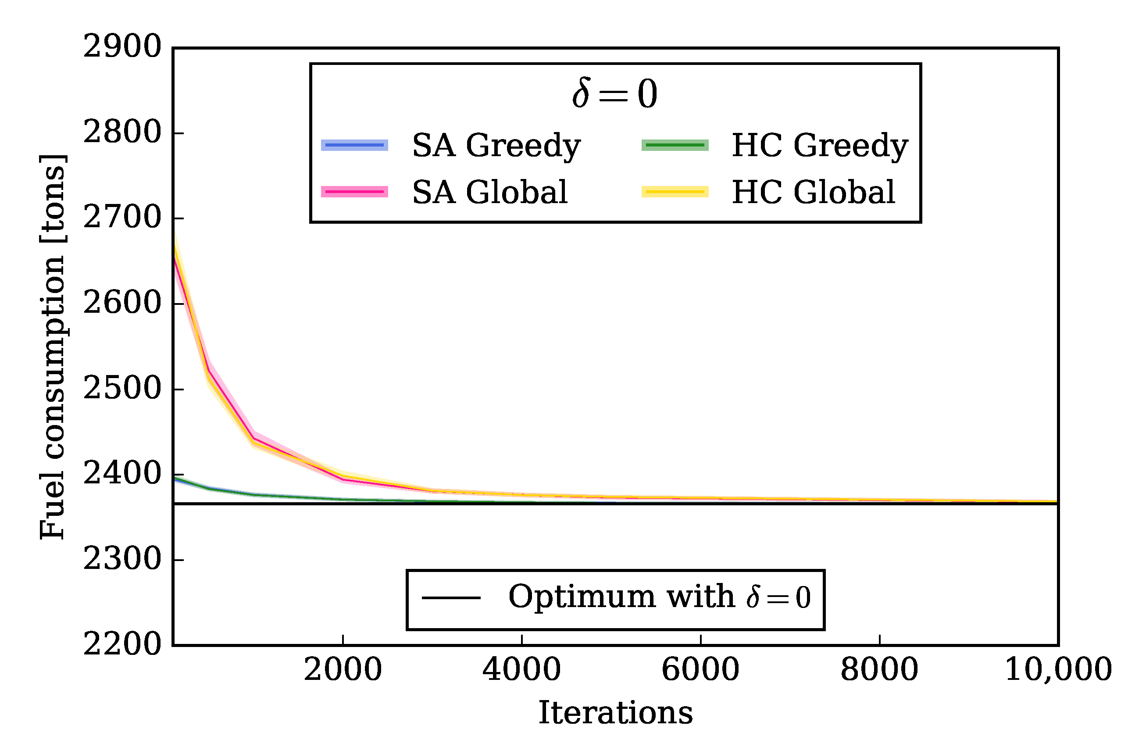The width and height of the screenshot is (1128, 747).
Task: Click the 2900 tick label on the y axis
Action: click(x=122, y=48)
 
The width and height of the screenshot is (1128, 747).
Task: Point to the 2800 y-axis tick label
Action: click(x=122, y=133)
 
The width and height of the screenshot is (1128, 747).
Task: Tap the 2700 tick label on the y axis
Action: click(x=122, y=218)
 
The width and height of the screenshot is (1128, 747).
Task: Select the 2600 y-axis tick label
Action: click(x=122, y=304)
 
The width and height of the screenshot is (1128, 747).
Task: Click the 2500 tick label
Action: click(x=122, y=389)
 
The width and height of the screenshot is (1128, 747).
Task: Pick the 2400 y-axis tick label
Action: click(x=122, y=475)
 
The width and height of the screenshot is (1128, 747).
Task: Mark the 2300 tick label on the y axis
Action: click(x=122, y=560)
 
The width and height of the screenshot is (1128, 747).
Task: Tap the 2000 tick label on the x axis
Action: click(x=343, y=670)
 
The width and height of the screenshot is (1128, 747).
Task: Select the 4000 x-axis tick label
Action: click(x=521, y=670)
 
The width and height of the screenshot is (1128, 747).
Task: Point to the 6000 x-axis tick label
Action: click(x=700, y=670)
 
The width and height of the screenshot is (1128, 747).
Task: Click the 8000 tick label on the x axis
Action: click(x=879, y=670)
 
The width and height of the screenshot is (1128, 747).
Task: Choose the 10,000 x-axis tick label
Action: click(x=1058, y=670)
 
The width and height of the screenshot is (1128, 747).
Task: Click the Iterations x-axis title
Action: click(x=615, y=714)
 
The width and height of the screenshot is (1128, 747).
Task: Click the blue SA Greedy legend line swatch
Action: click(x=354, y=145)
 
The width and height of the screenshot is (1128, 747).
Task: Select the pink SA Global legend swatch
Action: click(x=354, y=192)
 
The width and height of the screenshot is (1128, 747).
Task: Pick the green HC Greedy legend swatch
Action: click(x=675, y=145)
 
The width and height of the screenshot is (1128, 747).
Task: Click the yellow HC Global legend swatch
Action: click(x=675, y=192)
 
